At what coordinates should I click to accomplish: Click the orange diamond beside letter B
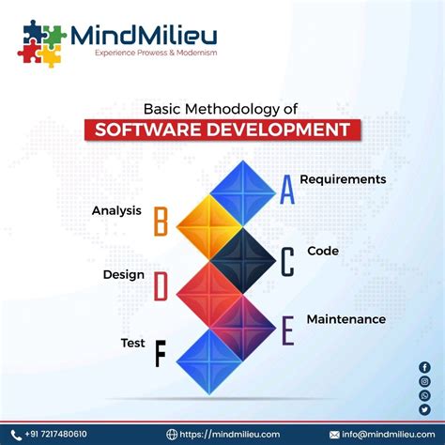(x=208, y=223)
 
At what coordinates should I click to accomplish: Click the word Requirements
(x=343, y=178)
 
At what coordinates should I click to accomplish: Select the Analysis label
(x=116, y=210)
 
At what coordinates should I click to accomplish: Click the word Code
(x=322, y=251)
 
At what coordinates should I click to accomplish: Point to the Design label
(x=123, y=275)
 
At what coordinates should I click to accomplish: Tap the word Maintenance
(x=345, y=318)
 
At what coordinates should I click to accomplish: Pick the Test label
(x=132, y=343)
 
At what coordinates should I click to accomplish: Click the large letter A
(x=286, y=191)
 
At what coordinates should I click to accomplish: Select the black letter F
(x=160, y=354)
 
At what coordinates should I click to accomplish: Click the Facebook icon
(x=424, y=367)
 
